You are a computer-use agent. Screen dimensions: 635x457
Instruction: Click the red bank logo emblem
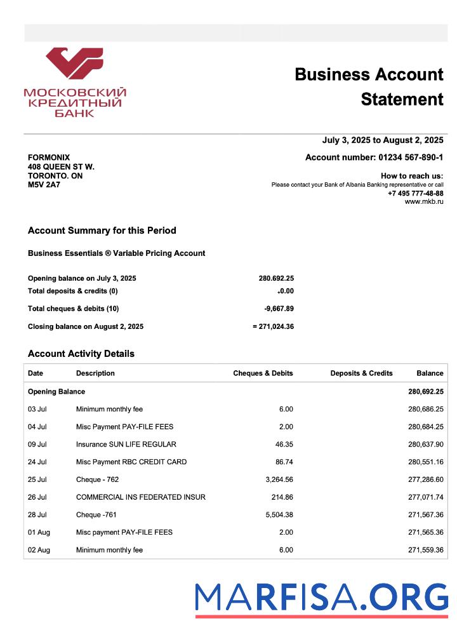pos(74,64)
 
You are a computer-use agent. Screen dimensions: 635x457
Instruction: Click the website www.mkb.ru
pos(424,202)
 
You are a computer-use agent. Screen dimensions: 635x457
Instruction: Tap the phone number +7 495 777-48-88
pos(415,193)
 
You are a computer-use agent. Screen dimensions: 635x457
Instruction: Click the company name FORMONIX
pos(49,157)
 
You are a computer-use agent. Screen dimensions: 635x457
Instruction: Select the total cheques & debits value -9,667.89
pos(279,309)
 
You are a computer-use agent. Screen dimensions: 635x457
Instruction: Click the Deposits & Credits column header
pos(361,373)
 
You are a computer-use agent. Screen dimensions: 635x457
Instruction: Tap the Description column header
pos(95,373)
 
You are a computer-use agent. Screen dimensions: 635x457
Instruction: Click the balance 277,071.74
pos(425,497)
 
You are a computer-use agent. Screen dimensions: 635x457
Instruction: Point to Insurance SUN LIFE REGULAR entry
pos(126,444)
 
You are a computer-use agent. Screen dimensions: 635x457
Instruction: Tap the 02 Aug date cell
pos(39,550)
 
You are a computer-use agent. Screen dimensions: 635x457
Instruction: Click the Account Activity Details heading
pos(81,354)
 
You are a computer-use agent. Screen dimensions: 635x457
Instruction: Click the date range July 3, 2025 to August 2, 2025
pos(382,140)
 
